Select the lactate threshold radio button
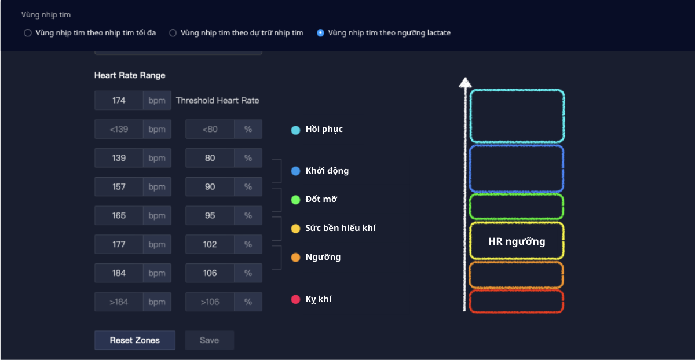click(320, 33)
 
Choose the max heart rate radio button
click(27, 33)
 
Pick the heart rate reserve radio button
click(173, 33)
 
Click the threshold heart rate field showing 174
click(119, 100)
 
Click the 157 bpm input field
click(119, 187)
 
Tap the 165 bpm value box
click(119, 215)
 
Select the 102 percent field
click(210, 244)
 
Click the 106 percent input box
click(210, 273)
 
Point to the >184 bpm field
click(119, 302)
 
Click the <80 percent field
click(210, 129)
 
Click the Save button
click(209, 340)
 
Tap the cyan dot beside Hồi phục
click(295, 130)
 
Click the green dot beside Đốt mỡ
click(295, 200)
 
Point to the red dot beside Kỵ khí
click(295, 300)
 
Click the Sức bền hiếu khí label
click(341, 228)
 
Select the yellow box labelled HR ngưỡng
click(517, 241)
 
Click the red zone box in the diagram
click(517, 302)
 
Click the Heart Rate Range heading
click(130, 75)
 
